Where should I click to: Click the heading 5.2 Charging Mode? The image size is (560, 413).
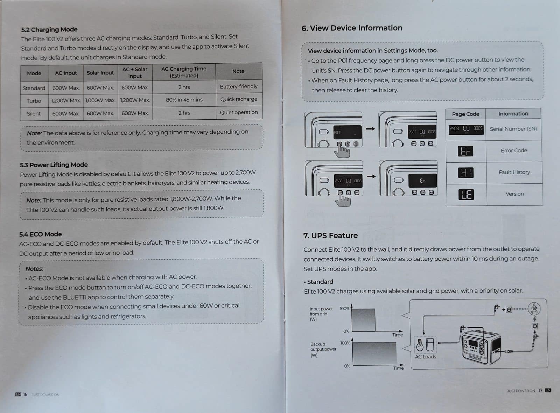tap(49, 29)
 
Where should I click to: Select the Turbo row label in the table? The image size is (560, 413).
tap(34, 101)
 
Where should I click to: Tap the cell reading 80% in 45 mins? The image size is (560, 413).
tap(184, 100)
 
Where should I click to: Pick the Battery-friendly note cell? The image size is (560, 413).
tap(239, 86)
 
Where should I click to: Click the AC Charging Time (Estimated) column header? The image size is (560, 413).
tap(184, 72)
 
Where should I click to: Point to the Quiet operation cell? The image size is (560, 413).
tap(239, 112)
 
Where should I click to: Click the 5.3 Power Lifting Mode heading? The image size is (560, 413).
tap(54, 165)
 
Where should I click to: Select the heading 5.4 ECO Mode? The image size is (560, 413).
tap(40, 234)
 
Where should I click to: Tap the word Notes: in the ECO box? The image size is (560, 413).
tap(34, 269)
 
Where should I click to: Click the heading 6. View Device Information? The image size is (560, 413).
tap(352, 28)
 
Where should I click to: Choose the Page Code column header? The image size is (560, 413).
tap(465, 114)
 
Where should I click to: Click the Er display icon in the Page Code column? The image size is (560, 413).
tap(465, 151)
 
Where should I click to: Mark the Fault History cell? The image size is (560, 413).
tap(514, 172)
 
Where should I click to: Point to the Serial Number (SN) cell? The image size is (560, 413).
tap(513, 129)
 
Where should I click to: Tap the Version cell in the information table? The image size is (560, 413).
tap(514, 194)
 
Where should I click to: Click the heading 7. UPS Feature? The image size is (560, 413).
tap(330, 236)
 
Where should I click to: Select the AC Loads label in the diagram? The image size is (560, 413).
tap(425, 357)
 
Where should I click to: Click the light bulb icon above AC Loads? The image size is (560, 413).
tap(420, 345)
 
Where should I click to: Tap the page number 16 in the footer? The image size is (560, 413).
tap(25, 394)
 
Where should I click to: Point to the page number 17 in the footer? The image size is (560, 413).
tap(540, 390)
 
